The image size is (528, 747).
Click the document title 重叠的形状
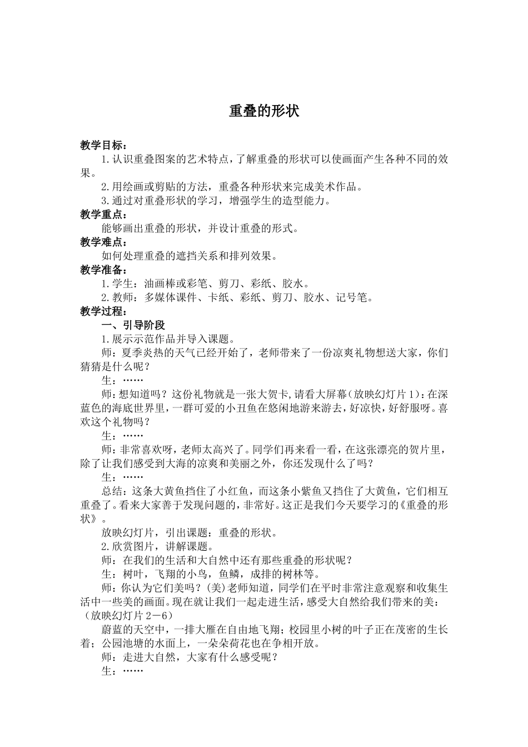pos(264,111)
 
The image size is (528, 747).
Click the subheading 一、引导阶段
pos(133,325)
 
